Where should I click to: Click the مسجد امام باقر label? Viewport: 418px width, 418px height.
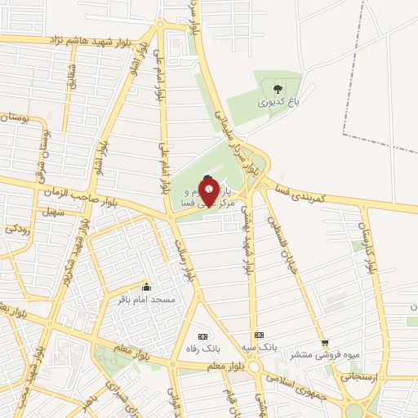147,300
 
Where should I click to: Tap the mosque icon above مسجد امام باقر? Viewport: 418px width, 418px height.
147,287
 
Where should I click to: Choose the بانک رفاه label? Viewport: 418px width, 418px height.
202,349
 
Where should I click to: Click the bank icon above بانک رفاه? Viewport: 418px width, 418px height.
202,336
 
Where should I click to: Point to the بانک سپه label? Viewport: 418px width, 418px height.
260,347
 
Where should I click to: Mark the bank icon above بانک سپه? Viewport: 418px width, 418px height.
260,335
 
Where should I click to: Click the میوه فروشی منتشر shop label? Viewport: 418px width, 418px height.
326,354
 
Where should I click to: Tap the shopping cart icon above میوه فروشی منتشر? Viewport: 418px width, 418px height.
326,342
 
